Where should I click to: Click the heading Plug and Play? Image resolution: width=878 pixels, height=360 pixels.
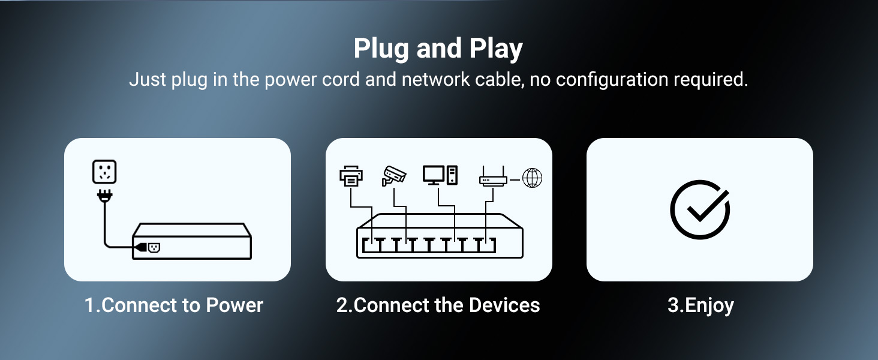click(438, 49)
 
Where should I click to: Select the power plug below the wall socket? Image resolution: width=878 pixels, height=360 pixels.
click(105, 195)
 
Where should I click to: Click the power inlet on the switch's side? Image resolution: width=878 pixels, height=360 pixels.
click(153, 247)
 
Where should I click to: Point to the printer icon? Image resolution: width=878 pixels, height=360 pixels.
click(351, 176)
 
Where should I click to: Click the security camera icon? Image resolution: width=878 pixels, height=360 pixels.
click(394, 175)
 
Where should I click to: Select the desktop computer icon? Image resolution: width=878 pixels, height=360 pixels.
click(440, 175)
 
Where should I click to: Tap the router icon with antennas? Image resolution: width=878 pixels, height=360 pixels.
click(493, 177)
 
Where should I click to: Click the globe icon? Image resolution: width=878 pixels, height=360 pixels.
click(532, 178)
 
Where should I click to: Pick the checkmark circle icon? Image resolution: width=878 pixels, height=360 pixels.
click(699, 209)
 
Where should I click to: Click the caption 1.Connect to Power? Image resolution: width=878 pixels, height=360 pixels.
click(174, 305)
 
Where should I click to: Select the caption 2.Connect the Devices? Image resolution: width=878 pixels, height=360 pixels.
click(438, 305)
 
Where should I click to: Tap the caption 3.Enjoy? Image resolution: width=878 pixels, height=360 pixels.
click(700, 305)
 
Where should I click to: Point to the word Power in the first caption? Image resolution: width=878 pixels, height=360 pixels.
click(234, 305)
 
